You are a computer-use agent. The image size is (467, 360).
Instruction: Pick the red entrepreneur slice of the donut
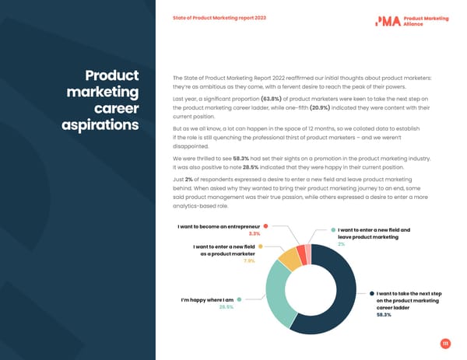click(x=302, y=253)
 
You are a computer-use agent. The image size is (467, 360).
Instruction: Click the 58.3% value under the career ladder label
click(x=384, y=315)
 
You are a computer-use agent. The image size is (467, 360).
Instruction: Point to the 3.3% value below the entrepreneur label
click(x=254, y=233)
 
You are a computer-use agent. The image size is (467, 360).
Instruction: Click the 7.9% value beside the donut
click(x=249, y=261)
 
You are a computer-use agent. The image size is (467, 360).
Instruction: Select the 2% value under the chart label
click(x=341, y=245)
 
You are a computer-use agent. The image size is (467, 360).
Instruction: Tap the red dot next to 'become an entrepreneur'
click(x=266, y=226)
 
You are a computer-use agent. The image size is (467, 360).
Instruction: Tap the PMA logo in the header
click(x=387, y=20)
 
